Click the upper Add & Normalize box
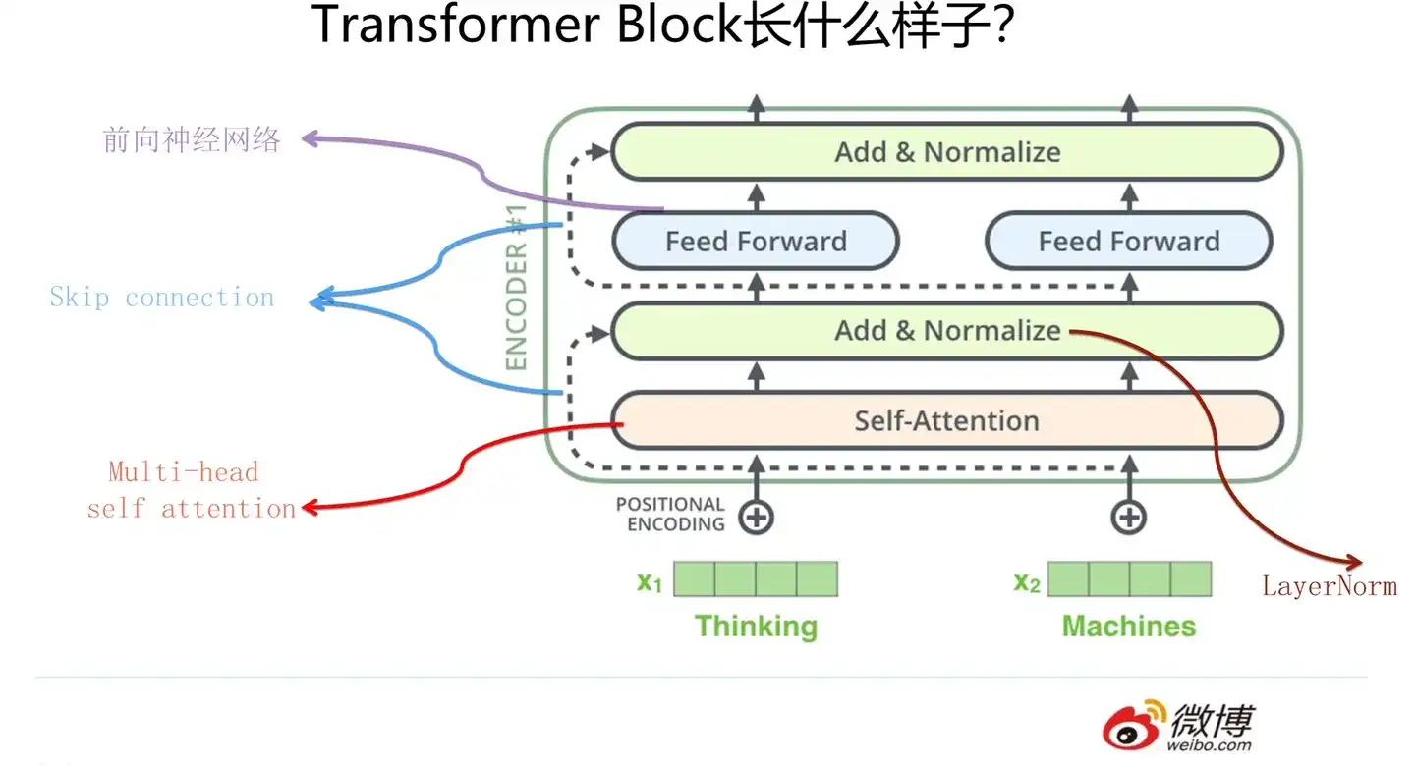947,151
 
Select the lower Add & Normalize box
947,331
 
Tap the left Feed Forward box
756,241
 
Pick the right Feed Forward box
1129,241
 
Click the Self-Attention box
947,420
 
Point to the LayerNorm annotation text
1330,586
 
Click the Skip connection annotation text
162,297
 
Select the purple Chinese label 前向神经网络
192,139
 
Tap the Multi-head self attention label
192,490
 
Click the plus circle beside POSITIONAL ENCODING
757,518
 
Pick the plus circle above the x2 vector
1129,518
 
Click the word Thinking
757,627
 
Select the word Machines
1129,627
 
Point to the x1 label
650,581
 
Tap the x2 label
1027,581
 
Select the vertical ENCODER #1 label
516,288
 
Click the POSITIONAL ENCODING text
670,514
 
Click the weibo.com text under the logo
1209,745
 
